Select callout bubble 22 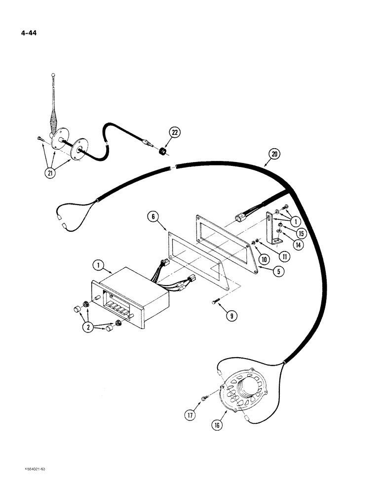point(174,132)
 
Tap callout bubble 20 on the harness point(274,155)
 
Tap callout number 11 point(283,256)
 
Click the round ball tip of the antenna point(52,75)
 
